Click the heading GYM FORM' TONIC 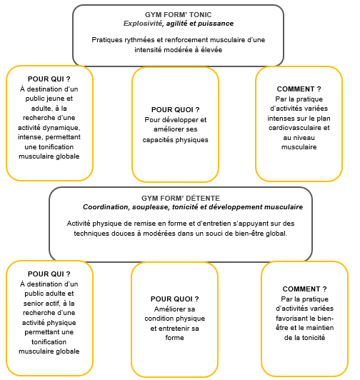[178, 15]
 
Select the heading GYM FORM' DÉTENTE [181, 199]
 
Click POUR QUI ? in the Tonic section [49, 79]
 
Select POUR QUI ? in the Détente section [49, 274]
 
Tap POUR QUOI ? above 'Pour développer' [175, 110]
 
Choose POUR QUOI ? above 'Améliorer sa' [174, 299]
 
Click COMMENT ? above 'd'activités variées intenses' [299, 89]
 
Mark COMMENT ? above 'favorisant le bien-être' [305, 289]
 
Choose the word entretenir [171, 329]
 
